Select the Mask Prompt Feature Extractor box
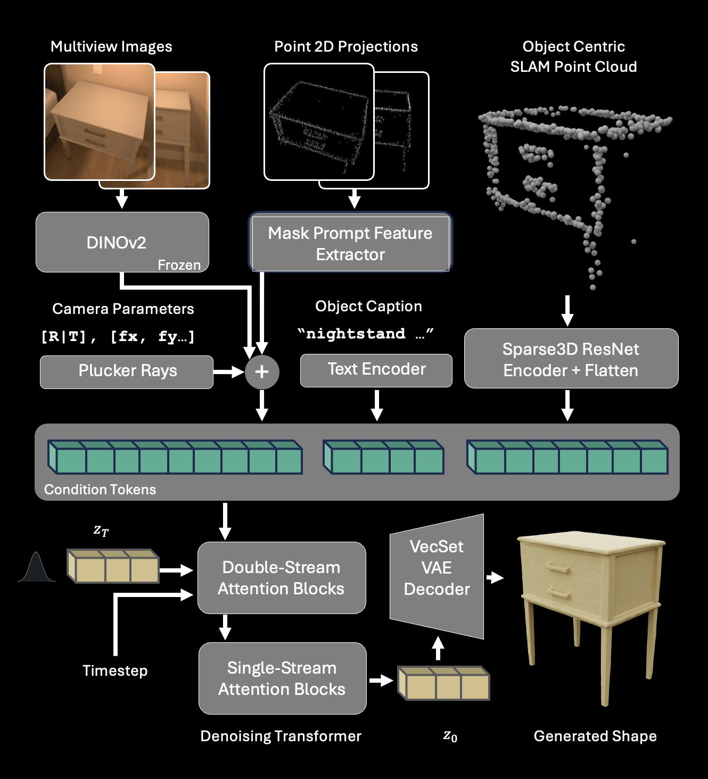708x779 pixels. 350,243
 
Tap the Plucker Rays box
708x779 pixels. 127,371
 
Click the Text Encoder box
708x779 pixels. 376,370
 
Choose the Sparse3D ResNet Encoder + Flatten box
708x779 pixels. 571,359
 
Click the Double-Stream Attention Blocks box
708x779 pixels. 282,578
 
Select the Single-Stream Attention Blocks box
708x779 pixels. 282,678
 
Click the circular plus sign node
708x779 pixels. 262,371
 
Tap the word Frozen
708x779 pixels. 179,265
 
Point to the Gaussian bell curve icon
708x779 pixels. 36,568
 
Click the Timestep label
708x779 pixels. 115,670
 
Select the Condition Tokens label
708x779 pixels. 100,490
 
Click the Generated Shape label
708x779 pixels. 595,736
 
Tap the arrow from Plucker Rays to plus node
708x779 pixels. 229,371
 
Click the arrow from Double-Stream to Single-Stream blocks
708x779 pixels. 225,627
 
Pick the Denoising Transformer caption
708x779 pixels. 281,736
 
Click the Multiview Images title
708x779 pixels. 111,47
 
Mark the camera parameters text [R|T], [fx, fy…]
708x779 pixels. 118,337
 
